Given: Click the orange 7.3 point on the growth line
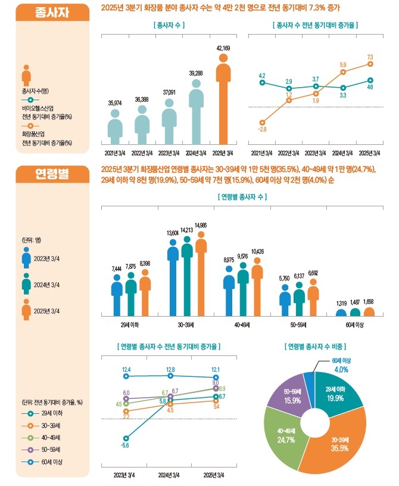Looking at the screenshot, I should click(x=370, y=63).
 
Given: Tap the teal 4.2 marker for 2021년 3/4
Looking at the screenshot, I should click(x=262, y=83).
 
